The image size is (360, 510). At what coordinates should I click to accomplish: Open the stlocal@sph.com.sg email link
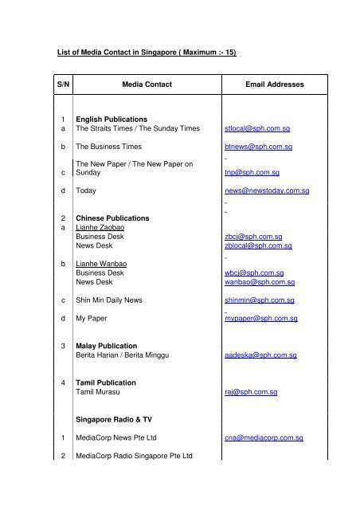click(x=255, y=127)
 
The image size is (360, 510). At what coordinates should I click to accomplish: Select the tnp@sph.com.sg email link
click(x=251, y=172)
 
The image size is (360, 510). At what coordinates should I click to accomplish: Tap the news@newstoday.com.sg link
click(x=267, y=192)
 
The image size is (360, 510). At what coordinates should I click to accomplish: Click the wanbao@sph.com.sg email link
click(x=259, y=282)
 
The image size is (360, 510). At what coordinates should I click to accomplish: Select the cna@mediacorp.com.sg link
click(x=265, y=438)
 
